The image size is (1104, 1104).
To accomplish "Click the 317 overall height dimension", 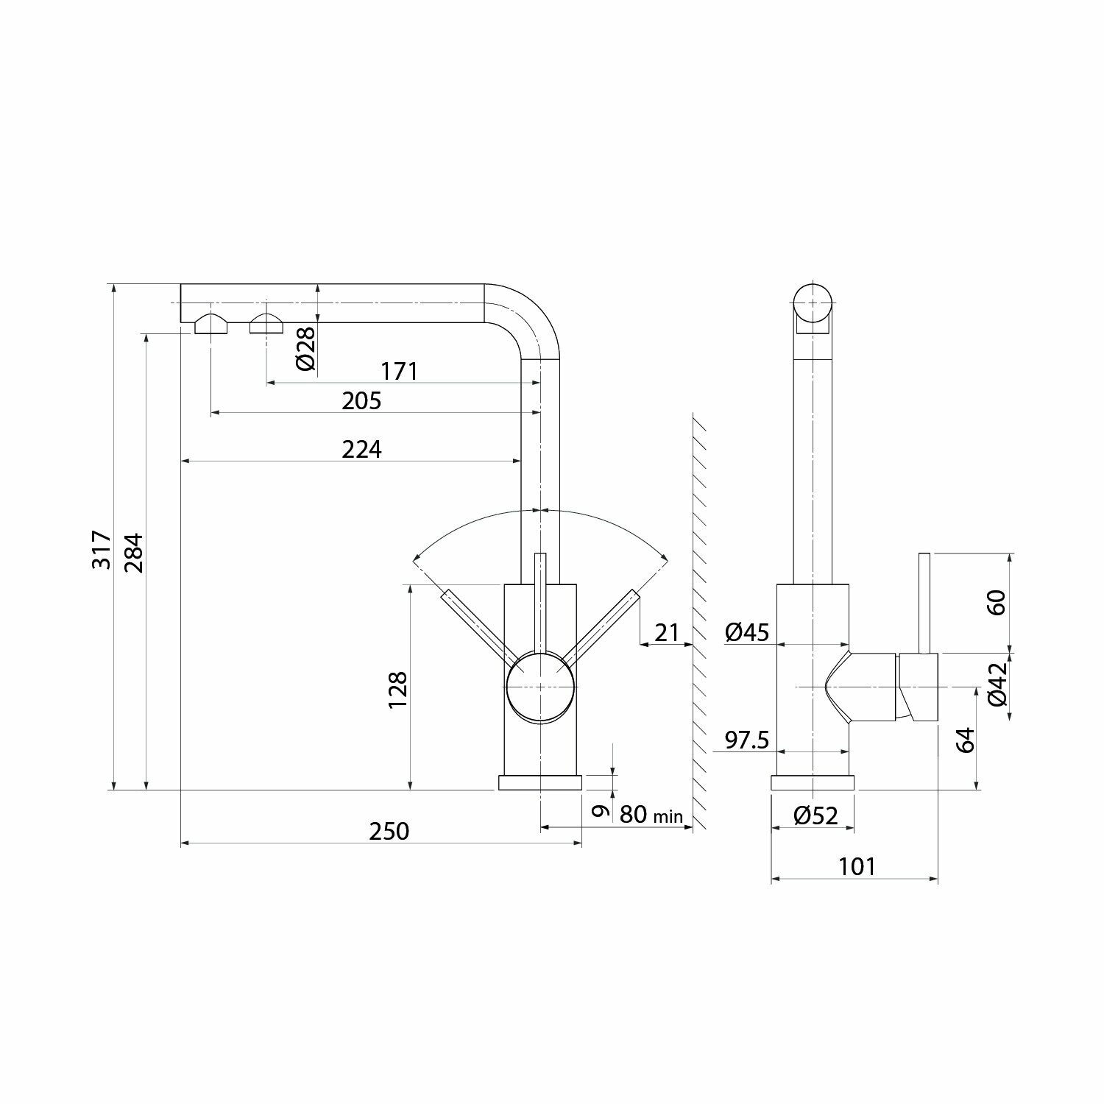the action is pyautogui.click(x=102, y=549).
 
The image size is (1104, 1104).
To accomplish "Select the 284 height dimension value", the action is pyautogui.click(x=134, y=553).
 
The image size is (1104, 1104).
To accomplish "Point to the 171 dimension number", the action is pyautogui.click(x=400, y=371).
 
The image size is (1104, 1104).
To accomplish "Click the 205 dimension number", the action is pyautogui.click(x=362, y=401).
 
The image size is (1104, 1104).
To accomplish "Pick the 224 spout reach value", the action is pyautogui.click(x=362, y=449).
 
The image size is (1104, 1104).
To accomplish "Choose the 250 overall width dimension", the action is pyautogui.click(x=389, y=831).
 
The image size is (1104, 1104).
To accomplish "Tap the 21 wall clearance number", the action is pyautogui.click(x=667, y=632).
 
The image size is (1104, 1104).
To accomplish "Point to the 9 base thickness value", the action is pyautogui.click(x=601, y=811).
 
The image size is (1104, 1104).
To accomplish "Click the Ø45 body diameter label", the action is pyautogui.click(x=746, y=631).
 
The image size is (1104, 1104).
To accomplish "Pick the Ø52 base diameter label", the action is pyautogui.click(x=816, y=815).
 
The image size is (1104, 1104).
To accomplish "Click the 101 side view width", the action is pyautogui.click(x=857, y=866).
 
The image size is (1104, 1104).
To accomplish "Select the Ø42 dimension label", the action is pyautogui.click(x=997, y=685).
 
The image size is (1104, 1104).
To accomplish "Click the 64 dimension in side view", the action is pyautogui.click(x=966, y=739).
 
